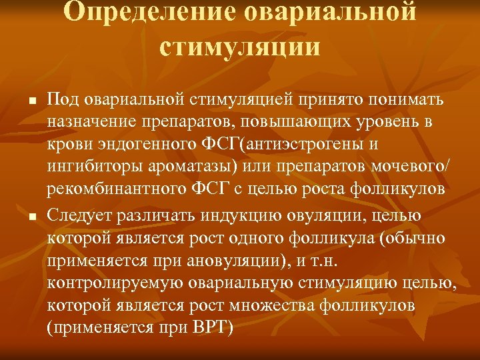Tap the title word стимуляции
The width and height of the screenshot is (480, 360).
pyautogui.click(x=240, y=48)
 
